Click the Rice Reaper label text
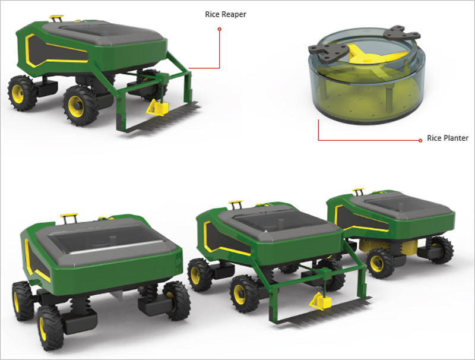(x=226, y=14)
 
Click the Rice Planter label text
(x=448, y=138)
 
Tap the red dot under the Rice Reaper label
(x=220, y=29)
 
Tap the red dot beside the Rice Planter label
(x=420, y=140)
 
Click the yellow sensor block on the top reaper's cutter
(x=157, y=108)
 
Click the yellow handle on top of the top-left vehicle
(x=56, y=18)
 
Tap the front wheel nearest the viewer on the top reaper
(x=80, y=106)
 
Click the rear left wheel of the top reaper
(x=22, y=93)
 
